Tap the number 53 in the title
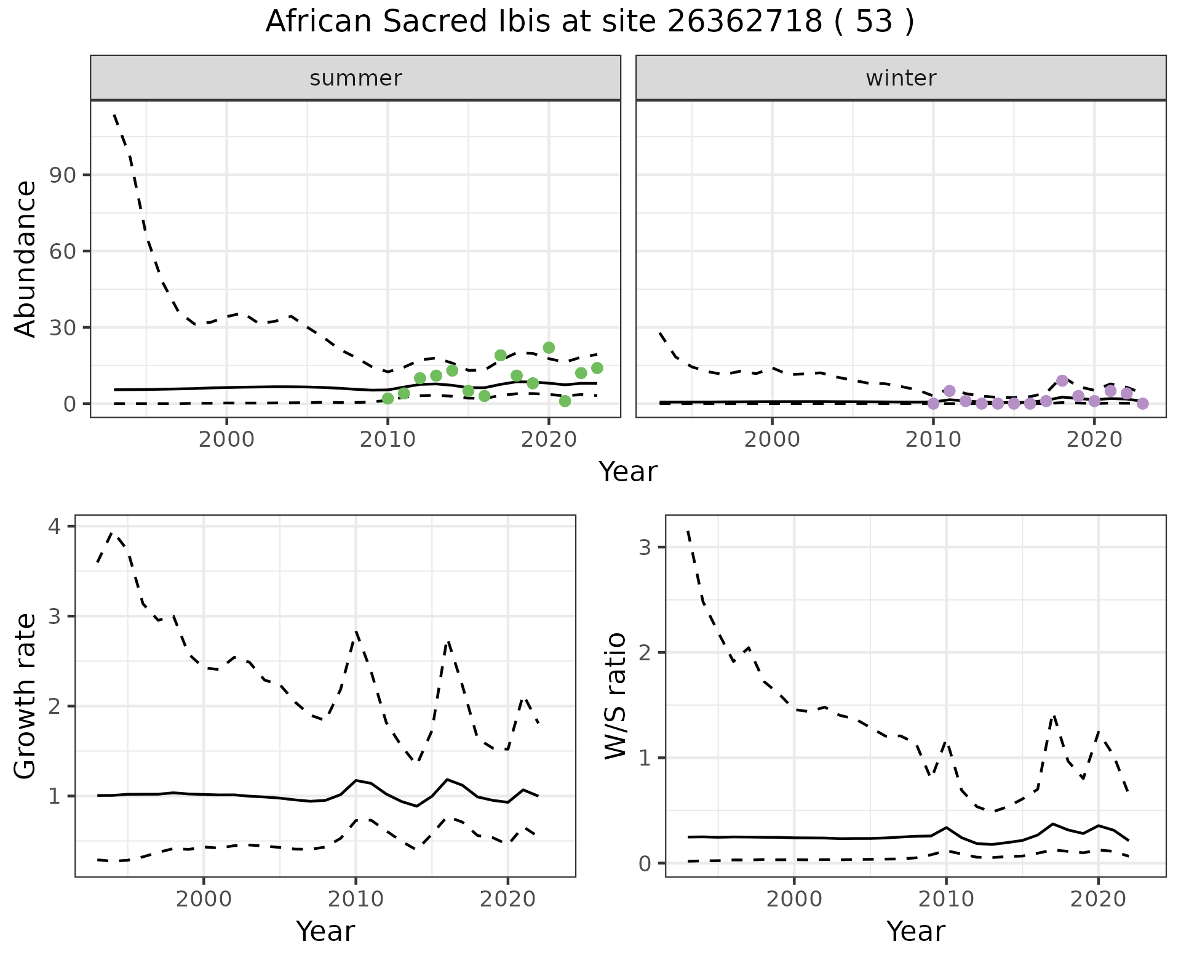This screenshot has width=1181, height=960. [x=873, y=22]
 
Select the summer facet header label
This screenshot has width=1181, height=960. [x=356, y=78]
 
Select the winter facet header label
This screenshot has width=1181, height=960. [x=901, y=78]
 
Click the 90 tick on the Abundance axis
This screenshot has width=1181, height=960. [x=61, y=175]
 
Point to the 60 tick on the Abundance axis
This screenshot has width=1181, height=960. [x=61, y=252]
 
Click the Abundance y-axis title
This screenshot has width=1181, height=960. [x=26, y=258]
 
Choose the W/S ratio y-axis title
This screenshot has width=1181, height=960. [x=616, y=696]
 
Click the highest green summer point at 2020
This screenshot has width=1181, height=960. [x=549, y=348]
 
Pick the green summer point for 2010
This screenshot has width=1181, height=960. [x=388, y=399]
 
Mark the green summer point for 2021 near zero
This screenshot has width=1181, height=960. [x=565, y=401]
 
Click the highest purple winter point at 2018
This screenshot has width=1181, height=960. [x=1062, y=381]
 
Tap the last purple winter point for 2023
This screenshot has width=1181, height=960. [x=1143, y=404]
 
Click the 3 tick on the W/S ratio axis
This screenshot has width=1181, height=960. [x=645, y=548]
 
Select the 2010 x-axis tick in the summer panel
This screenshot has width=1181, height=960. [x=388, y=441]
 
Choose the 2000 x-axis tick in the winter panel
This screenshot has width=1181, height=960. [x=772, y=441]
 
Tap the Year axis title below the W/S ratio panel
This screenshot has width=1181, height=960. [x=915, y=932]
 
